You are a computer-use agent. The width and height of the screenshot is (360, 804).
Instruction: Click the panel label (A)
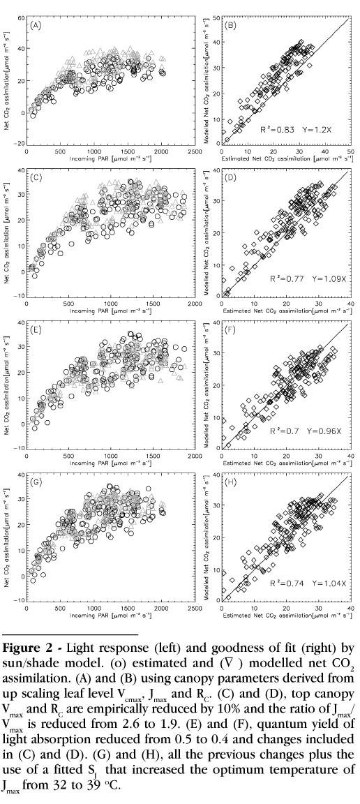click(36, 24)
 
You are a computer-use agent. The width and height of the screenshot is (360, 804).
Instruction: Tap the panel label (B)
click(232, 24)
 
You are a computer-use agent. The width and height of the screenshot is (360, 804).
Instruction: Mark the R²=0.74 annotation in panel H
click(283, 583)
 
